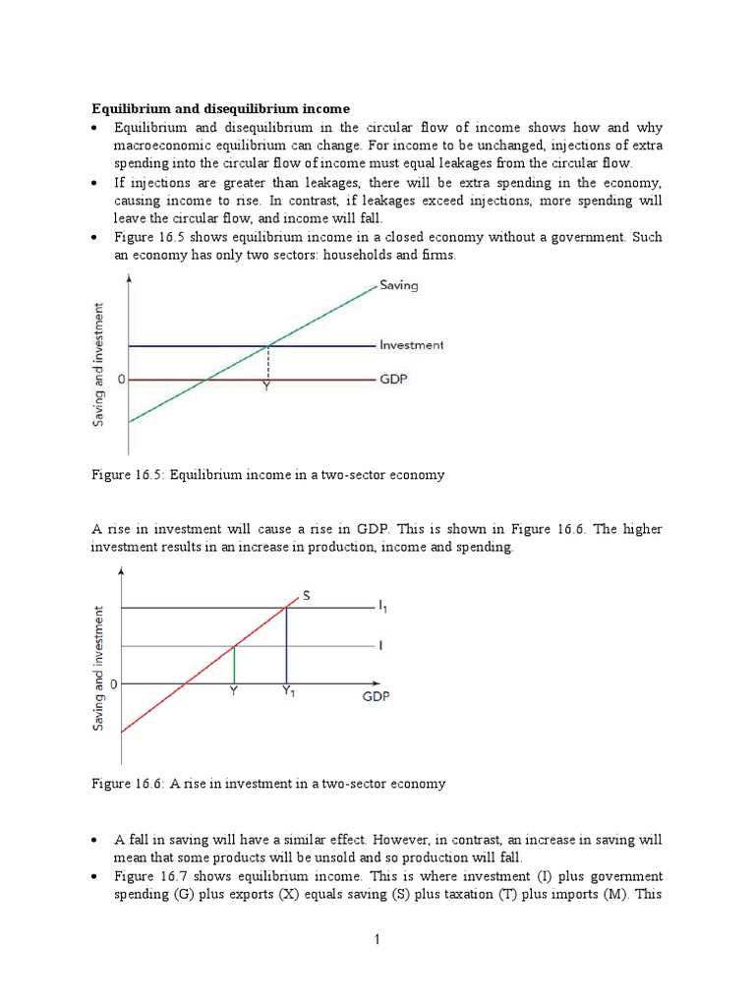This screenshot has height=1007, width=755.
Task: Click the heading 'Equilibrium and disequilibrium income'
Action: tap(221, 107)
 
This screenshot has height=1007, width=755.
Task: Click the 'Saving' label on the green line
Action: tap(398, 285)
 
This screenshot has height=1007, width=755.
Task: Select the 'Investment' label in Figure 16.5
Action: tap(411, 345)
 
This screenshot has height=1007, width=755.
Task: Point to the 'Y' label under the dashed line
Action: tap(265, 388)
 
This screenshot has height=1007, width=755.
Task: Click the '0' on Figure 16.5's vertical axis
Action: tap(123, 379)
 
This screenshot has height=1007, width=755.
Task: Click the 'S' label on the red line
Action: tap(306, 595)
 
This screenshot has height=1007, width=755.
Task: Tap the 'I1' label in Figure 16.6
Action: tap(383, 608)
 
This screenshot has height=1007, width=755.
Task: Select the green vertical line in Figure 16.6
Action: tap(234, 664)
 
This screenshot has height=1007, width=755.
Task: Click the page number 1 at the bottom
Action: tap(377, 940)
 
